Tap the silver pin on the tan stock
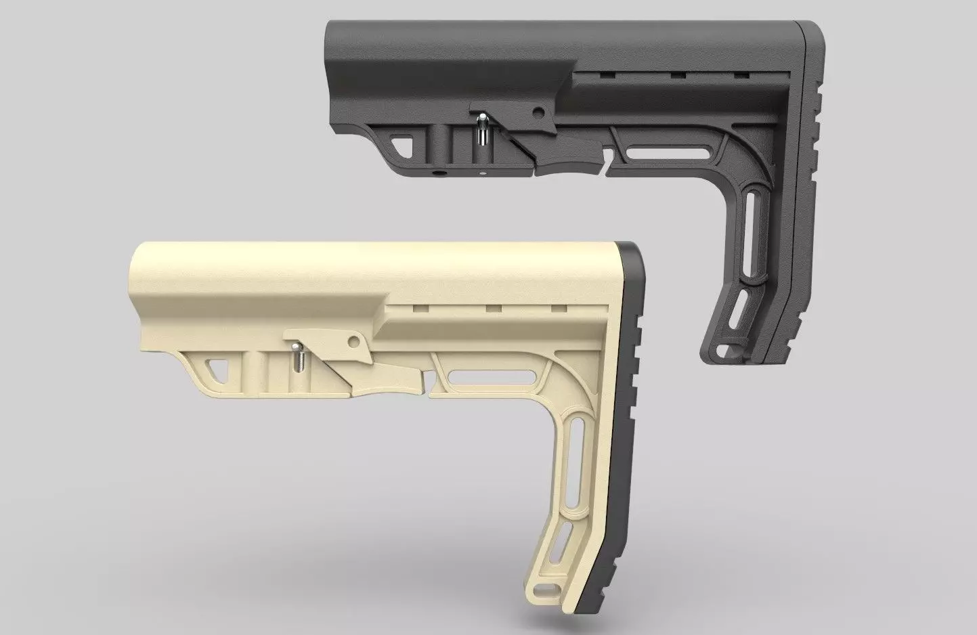pos(296,356)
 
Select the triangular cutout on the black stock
pos(403,144)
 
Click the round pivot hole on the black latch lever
pos(538,110)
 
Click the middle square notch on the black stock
pos(677,75)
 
